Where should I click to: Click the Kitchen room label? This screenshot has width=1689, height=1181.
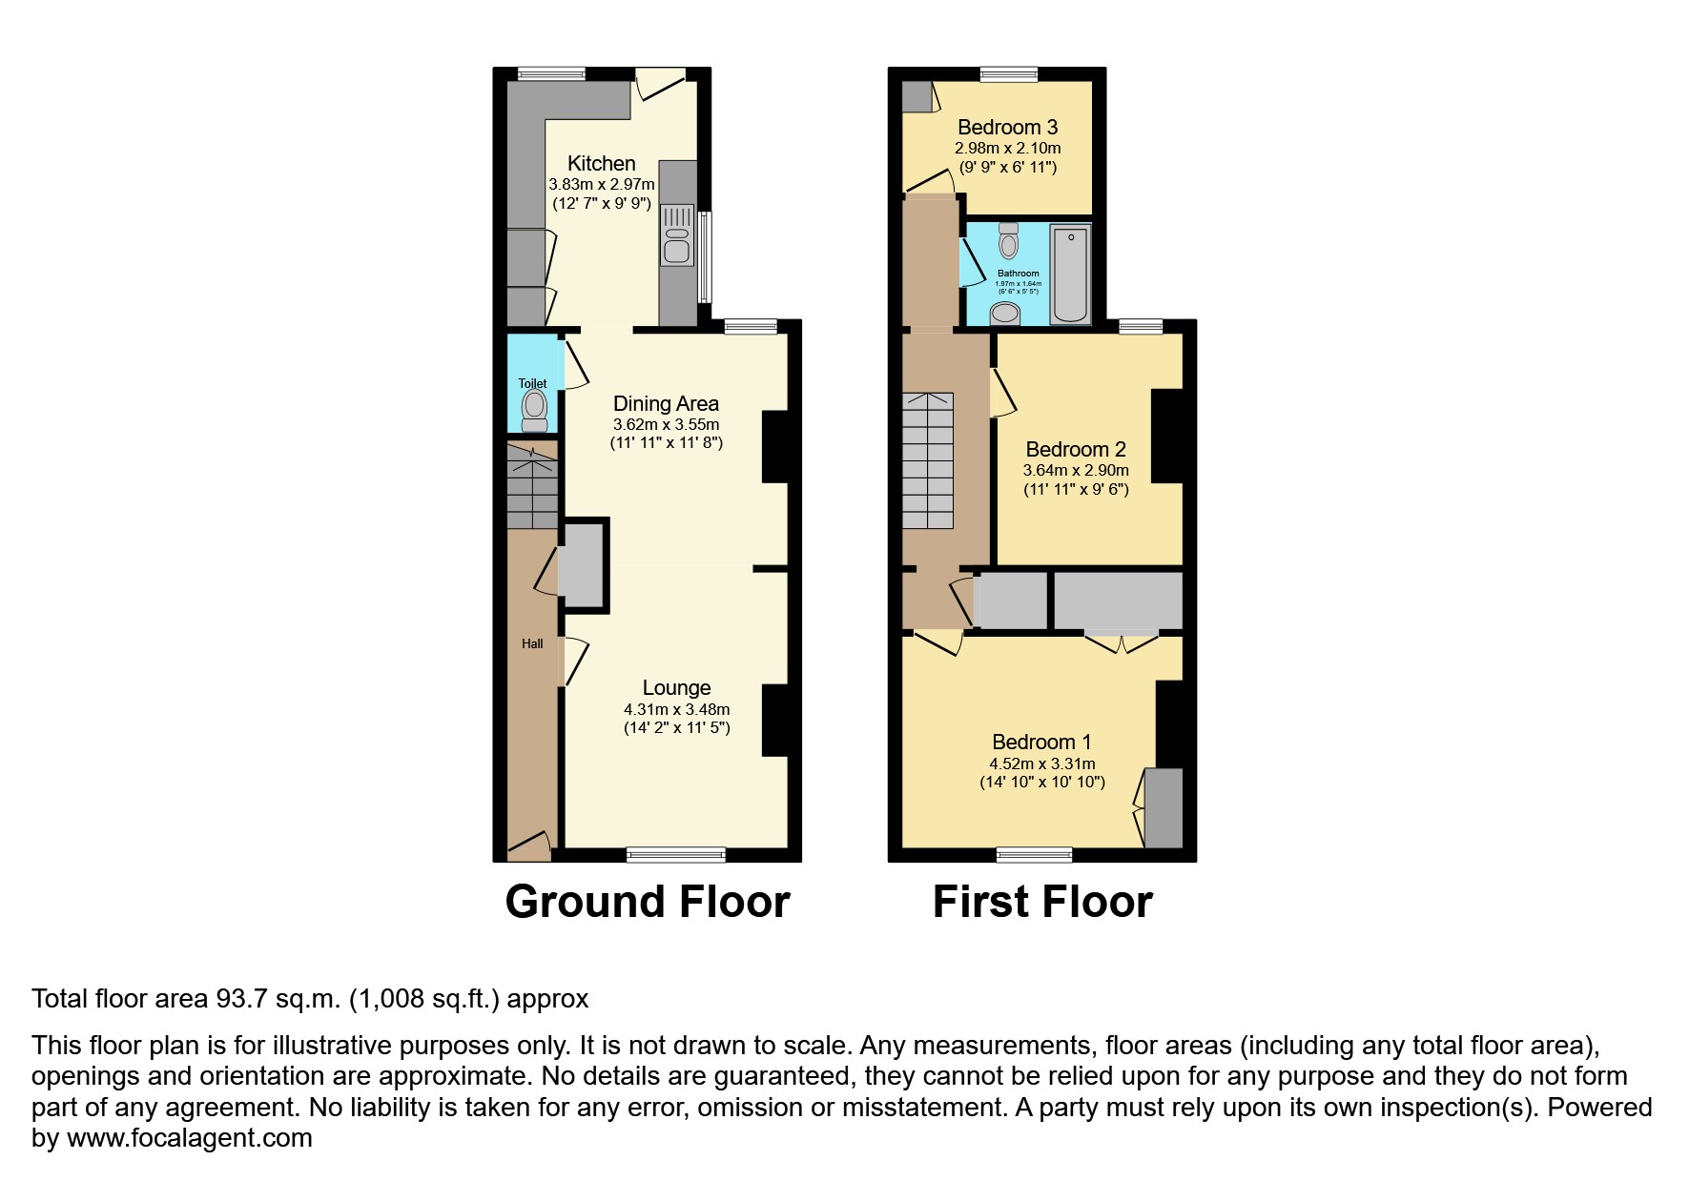pyautogui.click(x=601, y=163)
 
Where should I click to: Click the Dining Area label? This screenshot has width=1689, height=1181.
pyautogui.click(x=666, y=403)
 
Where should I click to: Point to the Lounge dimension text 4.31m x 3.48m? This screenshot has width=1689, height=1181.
pyautogui.click(x=676, y=709)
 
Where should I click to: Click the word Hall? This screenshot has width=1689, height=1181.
pyautogui.click(x=532, y=643)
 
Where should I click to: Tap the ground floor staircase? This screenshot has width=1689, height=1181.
pyautogui.click(x=531, y=486)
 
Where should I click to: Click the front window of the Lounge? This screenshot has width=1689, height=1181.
pyautogui.click(x=675, y=854)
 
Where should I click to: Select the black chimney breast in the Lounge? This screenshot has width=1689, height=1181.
pyautogui.click(x=774, y=721)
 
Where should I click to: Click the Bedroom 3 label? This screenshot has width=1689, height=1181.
pyautogui.click(x=1007, y=127)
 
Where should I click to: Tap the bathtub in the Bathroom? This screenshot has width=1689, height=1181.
pyautogui.click(x=1070, y=274)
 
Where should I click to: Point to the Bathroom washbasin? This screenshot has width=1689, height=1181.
pyautogui.click(x=1004, y=313)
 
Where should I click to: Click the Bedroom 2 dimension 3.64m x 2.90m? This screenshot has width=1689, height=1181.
pyautogui.click(x=1076, y=470)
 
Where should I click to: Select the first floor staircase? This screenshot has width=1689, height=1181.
pyautogui.click(x=927, y=460)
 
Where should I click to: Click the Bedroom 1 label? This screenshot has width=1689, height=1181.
pyautogui.click(x=1041, y=742)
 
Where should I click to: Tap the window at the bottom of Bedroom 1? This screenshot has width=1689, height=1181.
pyautogui.click(x=1034, y=854)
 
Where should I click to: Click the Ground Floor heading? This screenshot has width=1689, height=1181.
pyautogui.click(x=648, y=902)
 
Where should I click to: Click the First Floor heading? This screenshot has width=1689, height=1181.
pyautogui.click(x=1042, y=902)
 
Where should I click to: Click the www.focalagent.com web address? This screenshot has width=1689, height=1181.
pyautogui.click(x=189, y=1138)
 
